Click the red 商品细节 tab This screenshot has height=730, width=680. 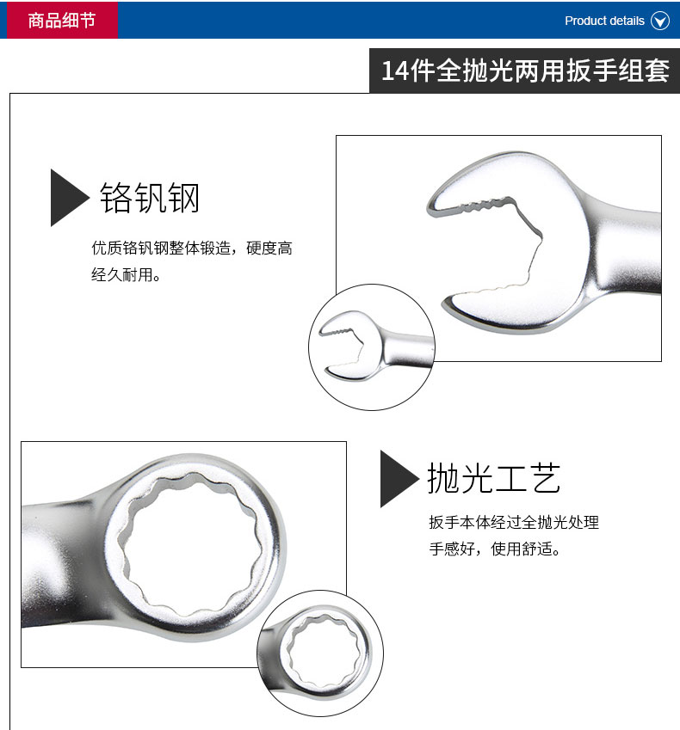[x=62, y=20]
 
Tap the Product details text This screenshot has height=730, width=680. [x=604, y=21]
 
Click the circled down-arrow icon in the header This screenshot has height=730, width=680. [x=660, y=21]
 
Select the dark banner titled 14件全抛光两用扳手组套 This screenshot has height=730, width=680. [x=524, y=71]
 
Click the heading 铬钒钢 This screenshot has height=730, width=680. [x=150, y=198]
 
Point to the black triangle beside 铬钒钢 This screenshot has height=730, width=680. [x=70, y=198]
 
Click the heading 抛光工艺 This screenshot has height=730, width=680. [x=493, y=478]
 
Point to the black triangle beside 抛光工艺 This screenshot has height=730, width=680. [x=399, y=479]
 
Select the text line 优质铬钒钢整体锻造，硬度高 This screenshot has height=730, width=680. [x=192, y=248]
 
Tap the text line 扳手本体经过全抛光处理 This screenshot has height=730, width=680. [x=514, y=523]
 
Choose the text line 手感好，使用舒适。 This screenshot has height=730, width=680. [x=494, y=549]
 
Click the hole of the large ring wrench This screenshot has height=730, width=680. [x=191, y=546]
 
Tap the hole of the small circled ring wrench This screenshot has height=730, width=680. [x=324, y=651]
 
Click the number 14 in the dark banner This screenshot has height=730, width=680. [x=395, y=71]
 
